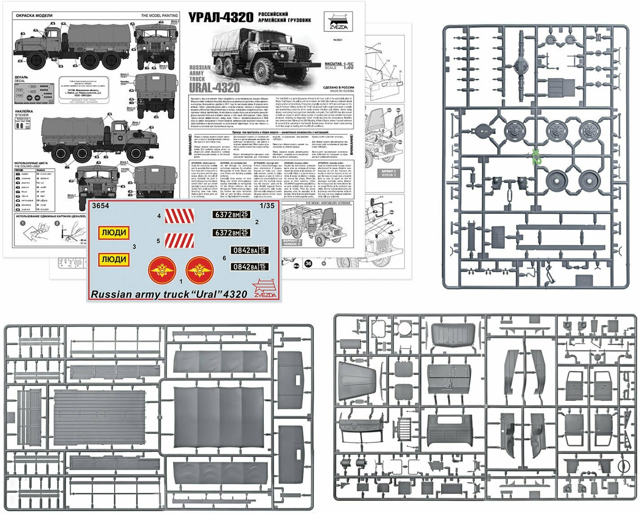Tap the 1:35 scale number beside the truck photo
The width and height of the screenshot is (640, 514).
[x=347, y=66]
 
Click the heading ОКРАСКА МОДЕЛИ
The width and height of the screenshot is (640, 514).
[x=34, y=16]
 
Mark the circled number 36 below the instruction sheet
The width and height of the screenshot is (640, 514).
[x=308, y=263]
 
